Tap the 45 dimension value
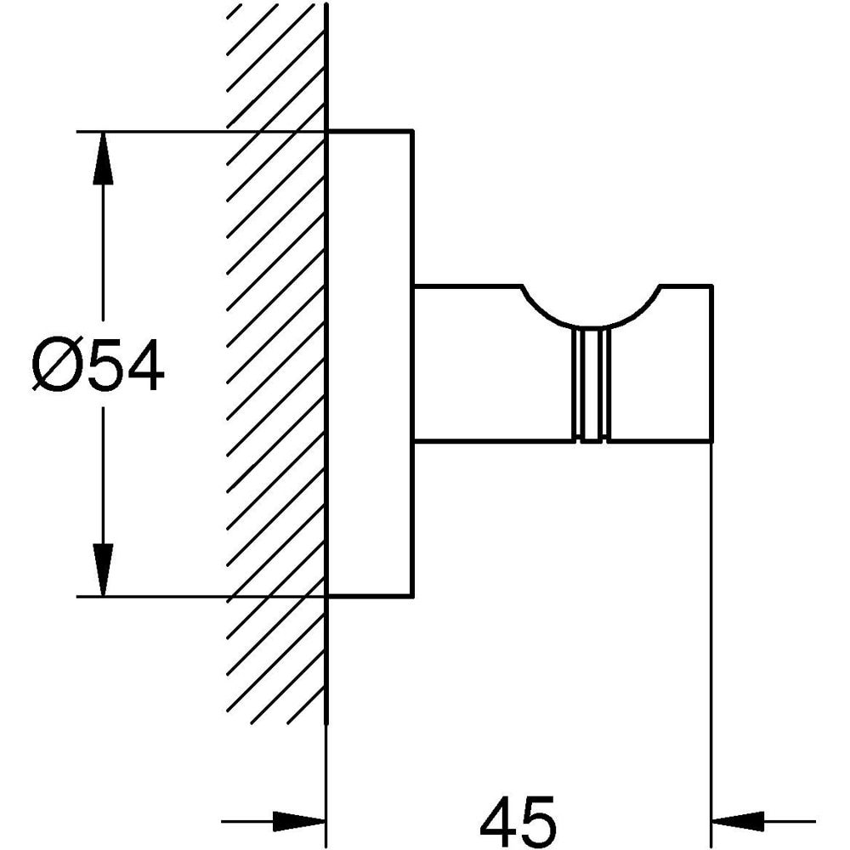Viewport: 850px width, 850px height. (x=518, y=821)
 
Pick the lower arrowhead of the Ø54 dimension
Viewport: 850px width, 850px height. (x=103, y=569)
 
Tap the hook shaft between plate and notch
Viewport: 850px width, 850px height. (x=484, y=365)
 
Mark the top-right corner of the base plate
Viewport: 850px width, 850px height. (x=412, y=132)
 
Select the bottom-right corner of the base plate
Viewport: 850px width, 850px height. (x=412, y=597)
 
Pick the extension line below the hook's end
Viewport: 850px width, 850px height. (x=711, y=637)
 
